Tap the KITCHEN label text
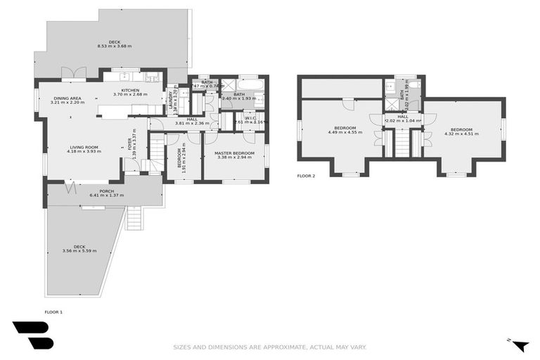click(x=130, y=91)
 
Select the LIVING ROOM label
click(x=83, y=147)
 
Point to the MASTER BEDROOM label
click(x=234, y=153)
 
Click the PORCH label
click(x=107, y=191)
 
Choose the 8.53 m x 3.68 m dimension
click(x=115, y=46)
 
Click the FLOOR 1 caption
click(x=53, y=311)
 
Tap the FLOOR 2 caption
click(x=307, y=176)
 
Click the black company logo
click(x=32, y=335)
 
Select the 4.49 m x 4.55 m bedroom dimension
click(x=345, y=132)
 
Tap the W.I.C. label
click(x=250, y=117)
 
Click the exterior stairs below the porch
click(x=135, y=219)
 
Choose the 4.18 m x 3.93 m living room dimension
click(x=83, y=151)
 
